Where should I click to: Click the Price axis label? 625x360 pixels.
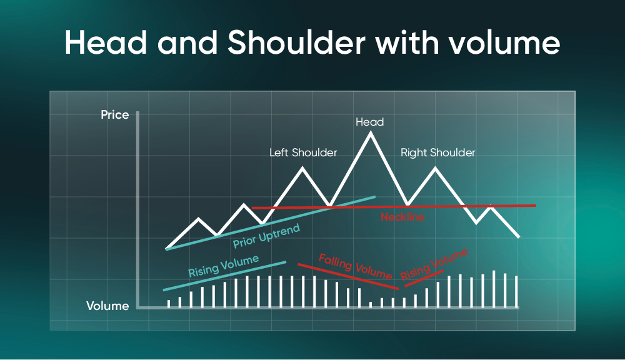[115, 115]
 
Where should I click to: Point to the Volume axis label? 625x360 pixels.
[107, 306]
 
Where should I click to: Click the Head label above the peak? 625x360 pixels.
[369, 122]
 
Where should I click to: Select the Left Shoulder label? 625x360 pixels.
[303, 152]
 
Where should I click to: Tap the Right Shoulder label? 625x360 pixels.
[437, 152]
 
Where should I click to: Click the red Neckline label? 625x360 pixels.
[402, 217]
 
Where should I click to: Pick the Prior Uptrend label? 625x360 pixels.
[266, 236]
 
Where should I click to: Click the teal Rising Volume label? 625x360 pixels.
[224, 266]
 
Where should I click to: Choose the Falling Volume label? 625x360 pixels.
[355, 266]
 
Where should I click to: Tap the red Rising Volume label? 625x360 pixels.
[434, 264]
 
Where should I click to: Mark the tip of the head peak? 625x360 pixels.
[370, 132]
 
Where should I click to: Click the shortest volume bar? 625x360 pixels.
[371, 304]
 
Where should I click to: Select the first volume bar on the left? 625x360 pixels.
[169, 304]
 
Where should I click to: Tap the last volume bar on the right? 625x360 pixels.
[516, 292]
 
